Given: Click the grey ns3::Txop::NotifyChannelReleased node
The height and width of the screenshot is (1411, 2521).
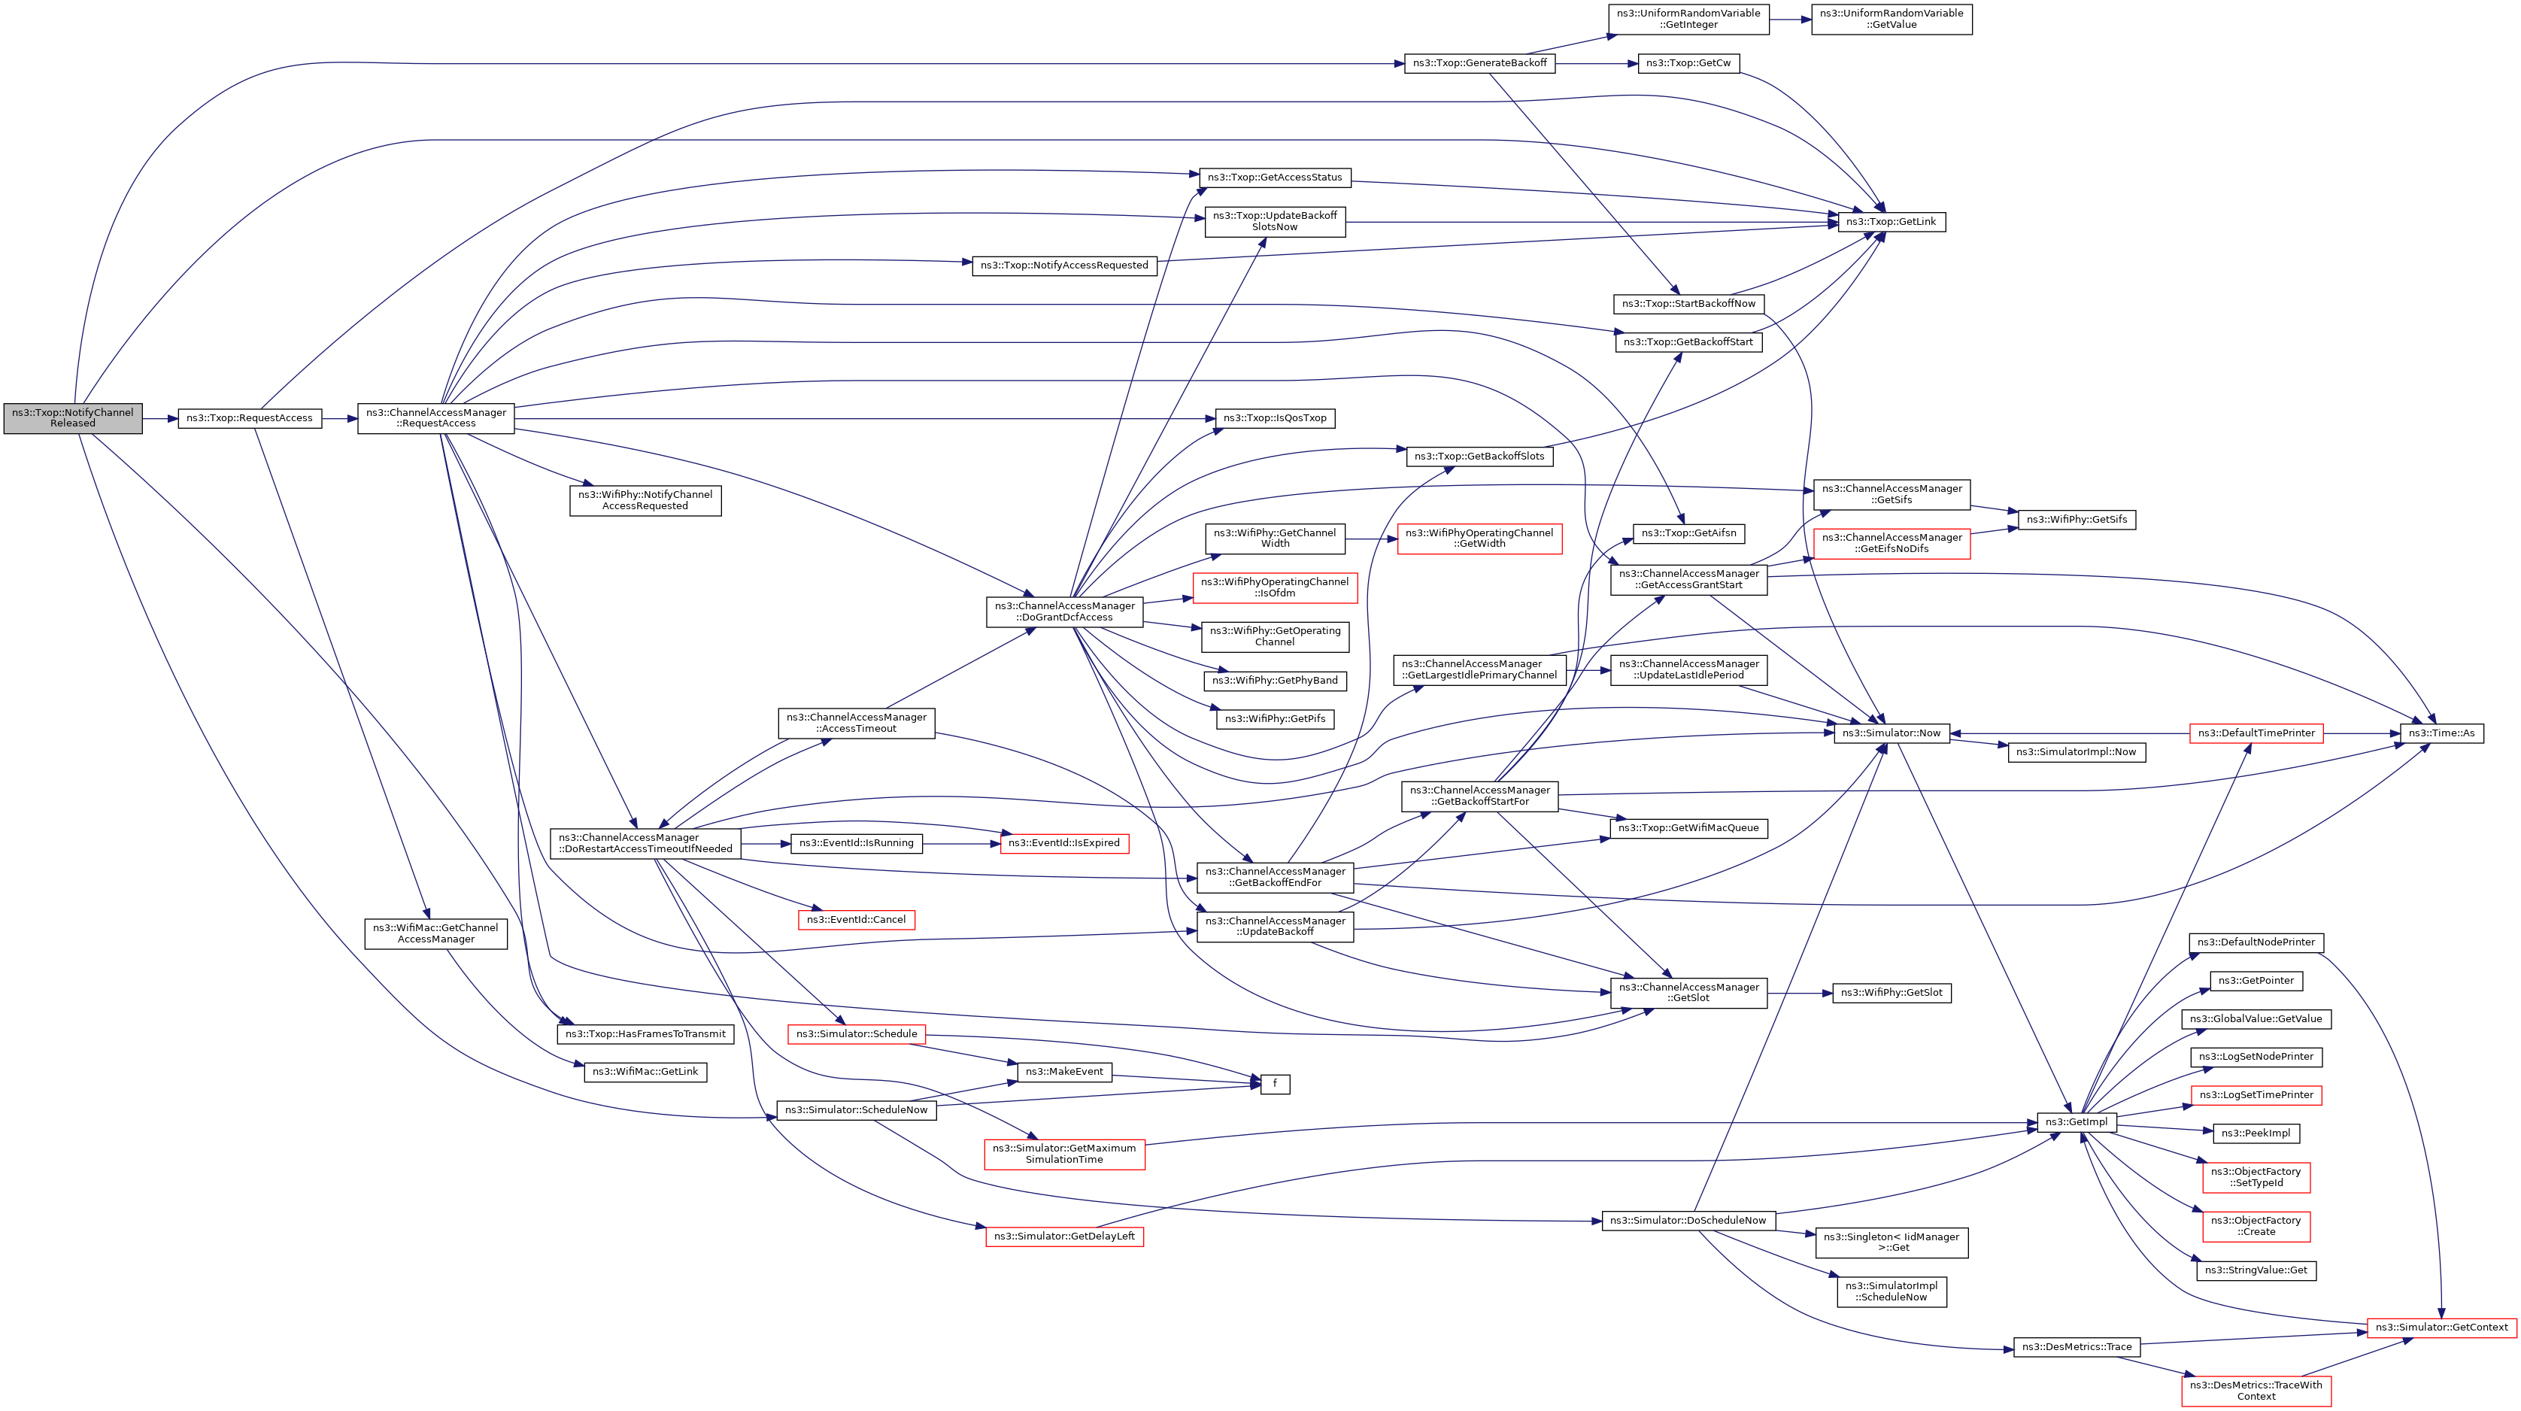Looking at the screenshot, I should pos(72,418).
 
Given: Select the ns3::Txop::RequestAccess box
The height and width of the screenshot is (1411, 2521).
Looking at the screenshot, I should pos(250,418).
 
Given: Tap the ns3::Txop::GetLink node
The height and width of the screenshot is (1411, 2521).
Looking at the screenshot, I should pos(1891,222).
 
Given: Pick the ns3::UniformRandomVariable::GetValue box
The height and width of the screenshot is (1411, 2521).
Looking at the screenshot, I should pos(1891,20).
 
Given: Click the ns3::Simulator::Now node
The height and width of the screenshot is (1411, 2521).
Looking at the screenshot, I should pos(1891,733).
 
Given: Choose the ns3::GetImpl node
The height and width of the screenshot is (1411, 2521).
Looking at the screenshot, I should pos(2076,1122).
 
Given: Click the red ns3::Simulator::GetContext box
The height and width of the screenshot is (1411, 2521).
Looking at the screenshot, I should pos(2441,1328).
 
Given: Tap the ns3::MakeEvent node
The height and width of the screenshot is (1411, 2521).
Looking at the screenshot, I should pos(1063,1073).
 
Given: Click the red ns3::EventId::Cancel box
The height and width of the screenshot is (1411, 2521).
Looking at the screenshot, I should pos(857,920).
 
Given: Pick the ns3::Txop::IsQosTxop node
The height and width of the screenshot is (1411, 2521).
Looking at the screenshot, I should pos(1274,419).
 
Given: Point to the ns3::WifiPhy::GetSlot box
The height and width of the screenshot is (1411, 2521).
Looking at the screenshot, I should pos(1891,993).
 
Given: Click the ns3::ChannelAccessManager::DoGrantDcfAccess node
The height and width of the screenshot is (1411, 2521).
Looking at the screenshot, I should pos(1063,611).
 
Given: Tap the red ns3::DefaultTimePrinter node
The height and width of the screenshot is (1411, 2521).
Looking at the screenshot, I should pos(2256,733).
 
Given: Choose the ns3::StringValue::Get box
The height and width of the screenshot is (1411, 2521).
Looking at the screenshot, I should pos(2256,1270).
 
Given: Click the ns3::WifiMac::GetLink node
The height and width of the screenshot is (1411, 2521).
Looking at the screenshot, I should pos(645,1073).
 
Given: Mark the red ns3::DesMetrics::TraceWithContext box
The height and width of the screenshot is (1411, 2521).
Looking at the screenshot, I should pos(2256,1391).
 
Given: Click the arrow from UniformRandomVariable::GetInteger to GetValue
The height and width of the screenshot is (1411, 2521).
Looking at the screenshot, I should pos(1790,20).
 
